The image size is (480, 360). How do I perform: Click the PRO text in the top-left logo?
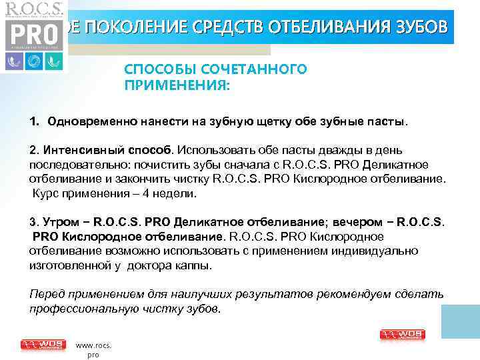click(33, 34)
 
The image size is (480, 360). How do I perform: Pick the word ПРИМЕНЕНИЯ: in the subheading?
click(171, 85)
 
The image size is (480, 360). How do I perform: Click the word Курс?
click(46, 193)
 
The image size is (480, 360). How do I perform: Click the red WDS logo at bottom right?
click(402, 335)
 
